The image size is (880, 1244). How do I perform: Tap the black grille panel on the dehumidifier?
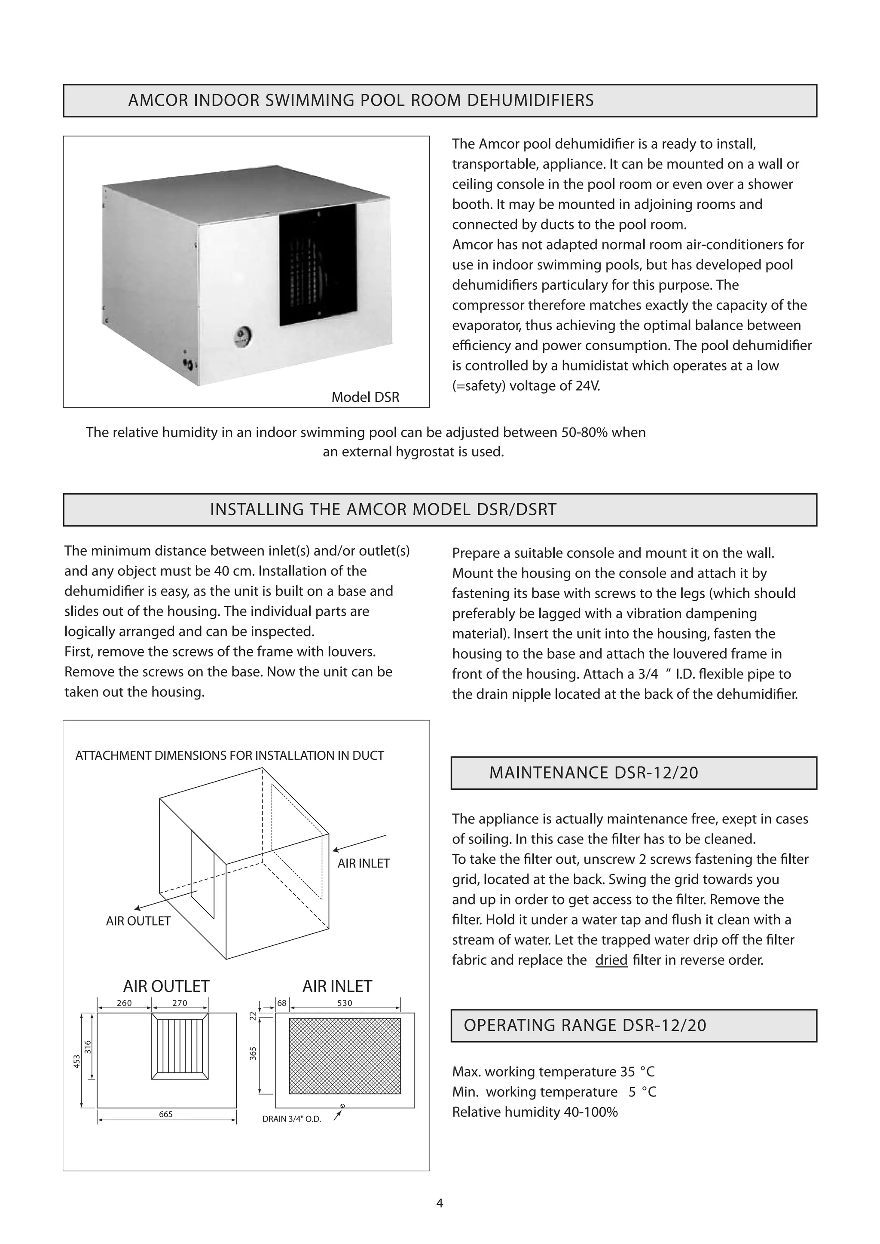point(318,265)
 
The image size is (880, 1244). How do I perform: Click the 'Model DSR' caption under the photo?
point(365,397)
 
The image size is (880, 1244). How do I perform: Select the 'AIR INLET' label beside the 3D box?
point(364,864)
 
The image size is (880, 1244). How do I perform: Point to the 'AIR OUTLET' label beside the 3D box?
point(138,921)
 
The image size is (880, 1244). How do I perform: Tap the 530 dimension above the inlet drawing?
point(345,1003)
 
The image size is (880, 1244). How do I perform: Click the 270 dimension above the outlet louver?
point(180,1003)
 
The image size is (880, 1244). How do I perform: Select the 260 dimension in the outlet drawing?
point(124,1003)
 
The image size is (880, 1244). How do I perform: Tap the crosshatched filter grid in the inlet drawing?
point(345,1056)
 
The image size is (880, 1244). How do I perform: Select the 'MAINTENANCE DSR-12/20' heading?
point(593,773)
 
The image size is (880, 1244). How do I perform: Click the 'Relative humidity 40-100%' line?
point(535,1112)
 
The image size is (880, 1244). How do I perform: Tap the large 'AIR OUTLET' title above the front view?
point(166,986)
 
